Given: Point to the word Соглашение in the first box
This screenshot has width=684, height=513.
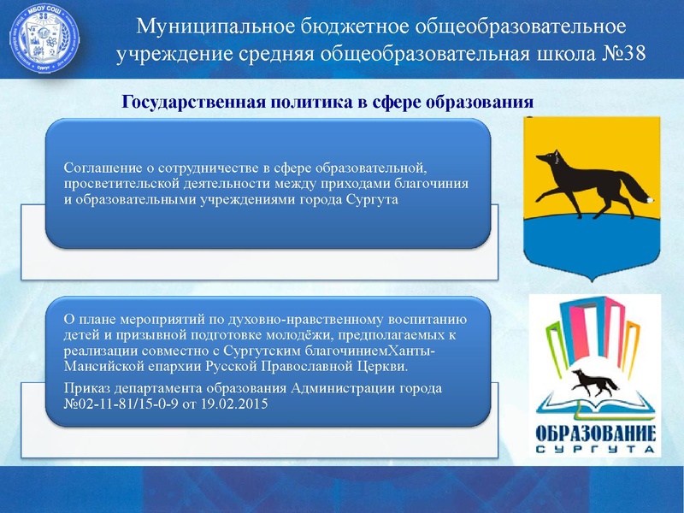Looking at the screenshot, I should coord(101,168).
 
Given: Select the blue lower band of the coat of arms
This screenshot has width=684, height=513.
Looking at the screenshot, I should coord(590,244).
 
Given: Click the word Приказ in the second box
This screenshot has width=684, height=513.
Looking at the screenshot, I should coord(86,388).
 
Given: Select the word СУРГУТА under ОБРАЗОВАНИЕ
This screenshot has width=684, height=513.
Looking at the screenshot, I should coord(595,449).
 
